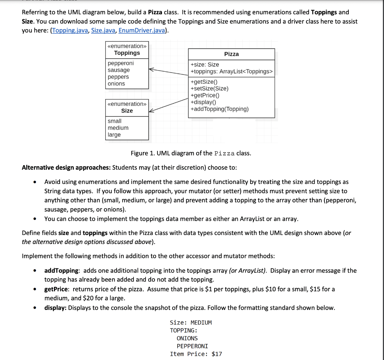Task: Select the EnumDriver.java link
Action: tap(141, 30)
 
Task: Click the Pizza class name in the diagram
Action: tap(231, 54)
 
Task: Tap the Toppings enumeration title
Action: tap(127, 53)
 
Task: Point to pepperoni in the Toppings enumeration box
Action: tap(120, 63)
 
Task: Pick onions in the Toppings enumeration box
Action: tap(116, 84)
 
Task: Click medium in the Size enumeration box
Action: tap(118, 128)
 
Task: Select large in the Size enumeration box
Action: tap(114, 135)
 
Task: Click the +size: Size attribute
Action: tap(205, 65)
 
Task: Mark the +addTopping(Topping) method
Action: tap(219, 109)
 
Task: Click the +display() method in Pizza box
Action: tap(204, 102)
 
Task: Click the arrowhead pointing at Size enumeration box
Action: tap(151, 111)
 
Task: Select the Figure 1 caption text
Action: tap(191, 153)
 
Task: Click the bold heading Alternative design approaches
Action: tap(66, 167)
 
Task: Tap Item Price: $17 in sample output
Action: tap(196, 354)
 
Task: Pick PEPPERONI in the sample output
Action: tap(192, 346)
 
